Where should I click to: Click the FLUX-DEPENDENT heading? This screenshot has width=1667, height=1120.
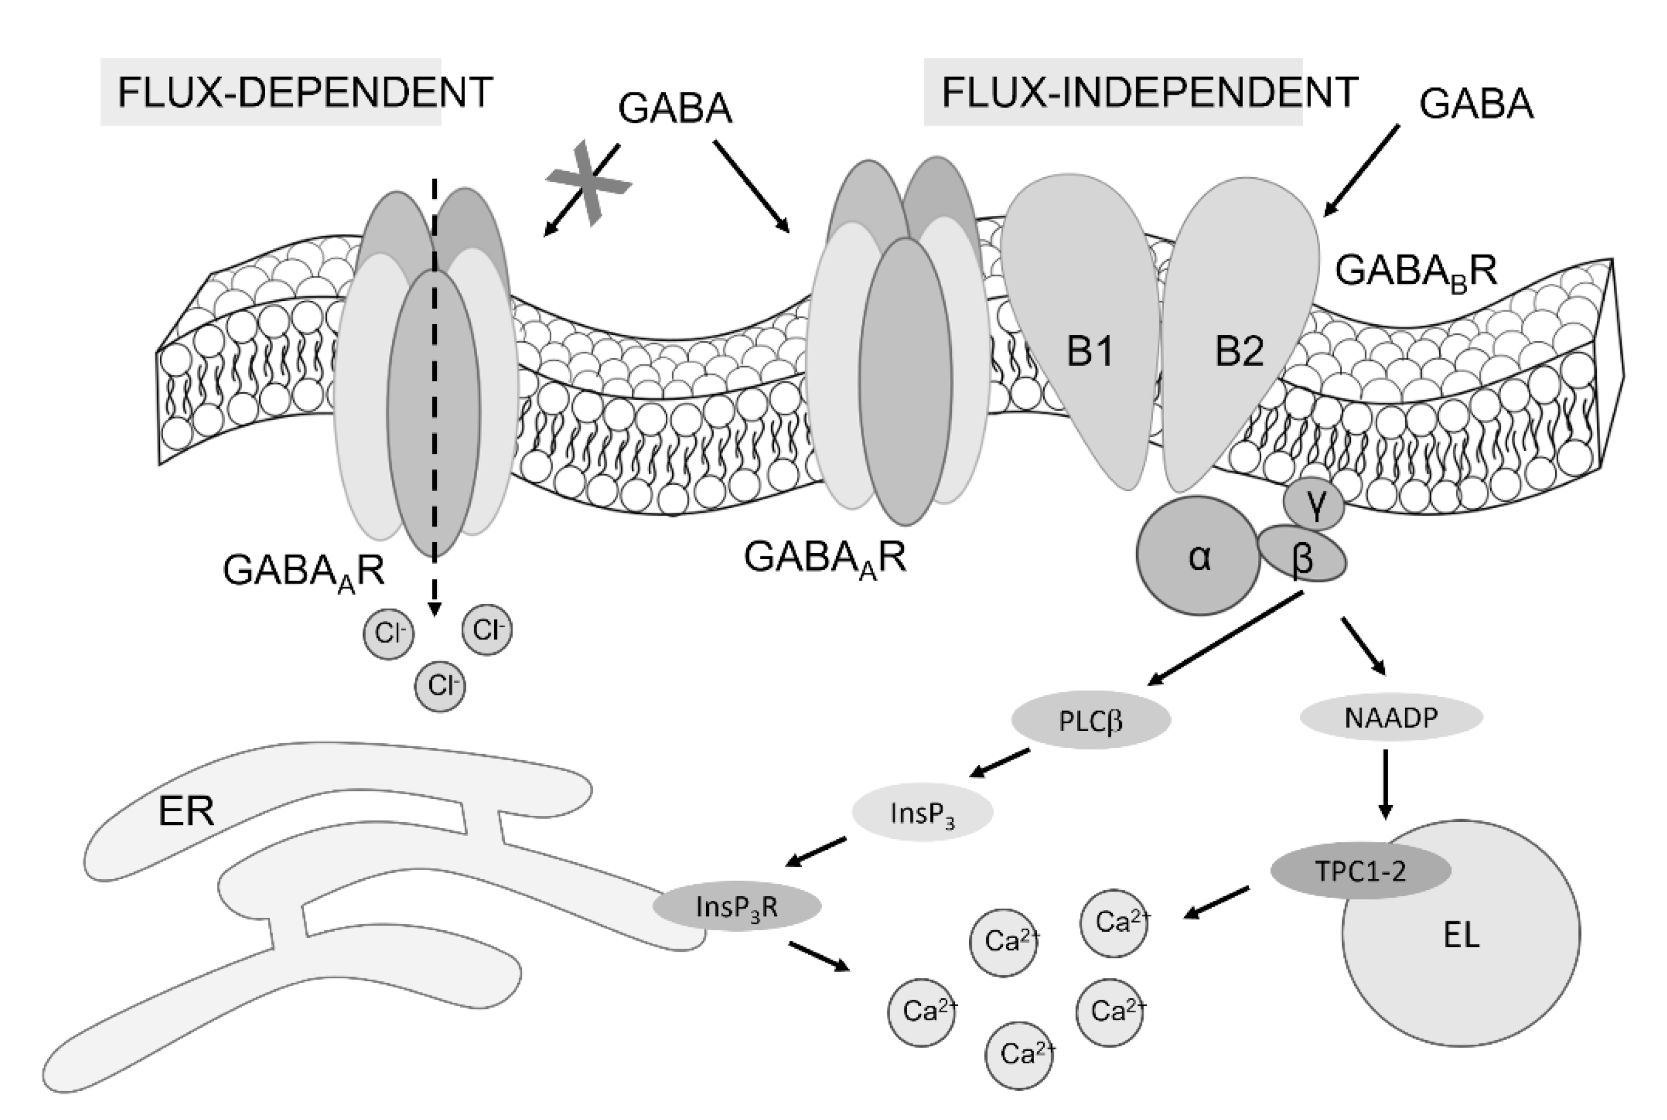[x=304, y=92]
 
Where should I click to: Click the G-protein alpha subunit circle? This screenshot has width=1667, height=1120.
[x=1198, y=556]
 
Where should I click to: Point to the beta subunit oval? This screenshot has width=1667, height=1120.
[x=1303, y=555]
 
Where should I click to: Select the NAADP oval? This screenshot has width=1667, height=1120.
[x=1390, y=717]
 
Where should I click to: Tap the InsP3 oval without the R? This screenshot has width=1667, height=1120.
[x=922, y=813]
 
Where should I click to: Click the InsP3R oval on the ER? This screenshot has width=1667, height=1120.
[x=737, y=906]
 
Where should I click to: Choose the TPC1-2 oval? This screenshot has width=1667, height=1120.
[x=1360, y=870]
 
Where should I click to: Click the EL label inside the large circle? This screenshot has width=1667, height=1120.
[x=1461, y=935]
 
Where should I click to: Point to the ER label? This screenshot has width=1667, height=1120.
[x=186, y=811]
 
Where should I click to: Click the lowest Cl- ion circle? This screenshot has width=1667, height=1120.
[x=440, y=685]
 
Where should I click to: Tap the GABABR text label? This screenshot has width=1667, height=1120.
[x=1415, y=272]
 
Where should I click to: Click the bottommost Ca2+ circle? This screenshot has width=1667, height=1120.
[x=1019, y=1054]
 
